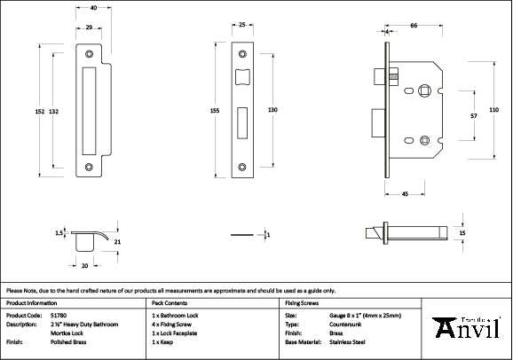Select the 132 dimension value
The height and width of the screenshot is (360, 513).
(x=54, y=111)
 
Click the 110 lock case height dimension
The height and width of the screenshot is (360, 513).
(x=494, y=109)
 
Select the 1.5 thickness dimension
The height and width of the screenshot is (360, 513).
(x=59, y=233)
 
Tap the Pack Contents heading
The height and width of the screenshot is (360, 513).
(x=171, y=303)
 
